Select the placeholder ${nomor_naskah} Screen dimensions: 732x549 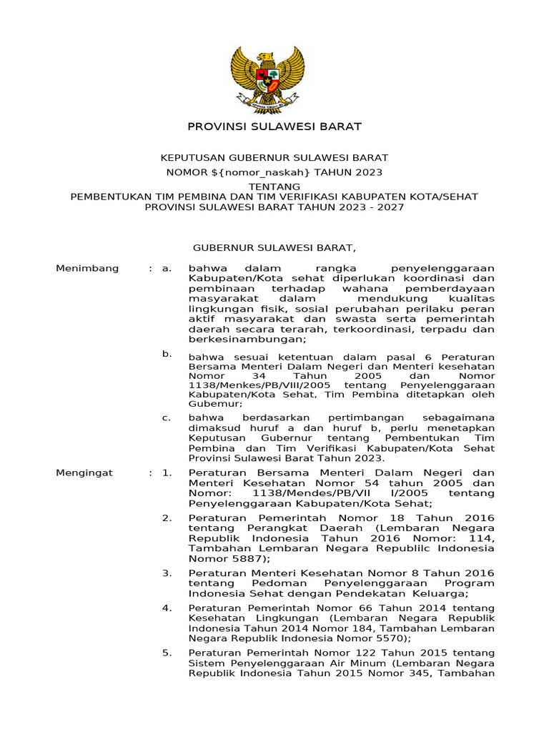coord(262,172)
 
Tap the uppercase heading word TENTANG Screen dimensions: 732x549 coord(274,186)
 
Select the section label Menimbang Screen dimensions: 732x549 coord(86,268)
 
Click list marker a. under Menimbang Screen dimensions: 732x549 coord(167,268)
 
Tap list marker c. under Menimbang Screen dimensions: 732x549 coord(166,417)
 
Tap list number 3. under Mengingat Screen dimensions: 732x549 coord(167,573)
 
